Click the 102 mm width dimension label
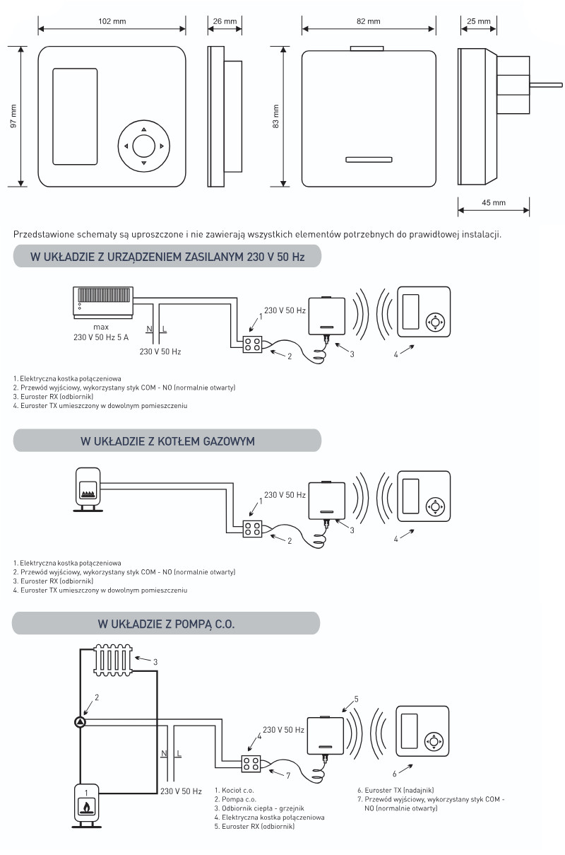point(112,21)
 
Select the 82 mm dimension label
point(369,21)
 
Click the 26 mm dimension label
point(225,21)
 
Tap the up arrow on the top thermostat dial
point(143,129)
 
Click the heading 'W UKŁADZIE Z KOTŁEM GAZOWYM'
point(167,441)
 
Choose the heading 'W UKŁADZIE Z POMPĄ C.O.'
point(167,624)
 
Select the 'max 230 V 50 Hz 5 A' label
point(101,332)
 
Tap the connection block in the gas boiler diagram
point(252,528)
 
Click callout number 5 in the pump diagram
point(357,699)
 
